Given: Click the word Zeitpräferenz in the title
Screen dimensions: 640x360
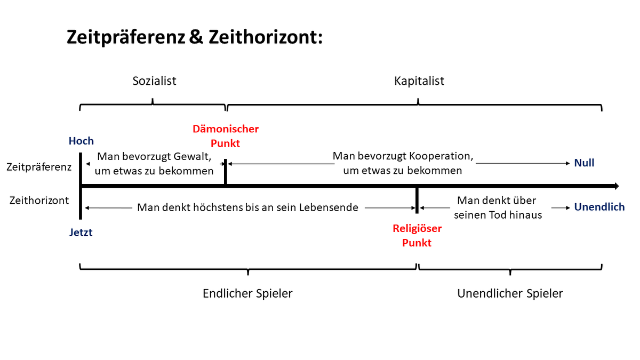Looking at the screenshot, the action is coord(126,37).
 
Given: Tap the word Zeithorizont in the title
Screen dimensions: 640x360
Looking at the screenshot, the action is coord(266,37).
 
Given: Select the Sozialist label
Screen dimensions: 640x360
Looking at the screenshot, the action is coord(154,81).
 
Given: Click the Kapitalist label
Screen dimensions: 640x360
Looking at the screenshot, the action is coord(419,81).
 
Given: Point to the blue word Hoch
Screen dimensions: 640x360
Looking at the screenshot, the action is coord(81,141).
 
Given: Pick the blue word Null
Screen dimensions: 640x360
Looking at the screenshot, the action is coord(585,163).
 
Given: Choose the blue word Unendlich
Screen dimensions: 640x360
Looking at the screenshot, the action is coord(599,207).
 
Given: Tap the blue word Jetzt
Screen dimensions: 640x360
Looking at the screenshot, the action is coord(81,233).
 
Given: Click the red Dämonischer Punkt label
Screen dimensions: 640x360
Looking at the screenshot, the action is coord(226,136).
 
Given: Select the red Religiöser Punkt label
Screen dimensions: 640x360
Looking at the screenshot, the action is coord(417,235).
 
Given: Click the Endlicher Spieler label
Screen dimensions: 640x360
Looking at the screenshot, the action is coord(247,293).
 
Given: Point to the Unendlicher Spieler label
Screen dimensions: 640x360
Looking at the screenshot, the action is coord(510,293).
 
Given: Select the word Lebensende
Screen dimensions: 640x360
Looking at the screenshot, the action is coord(329,207).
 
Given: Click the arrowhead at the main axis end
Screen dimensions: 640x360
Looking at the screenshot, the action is coord(617,186).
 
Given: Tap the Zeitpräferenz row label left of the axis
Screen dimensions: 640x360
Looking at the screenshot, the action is coord(39,167).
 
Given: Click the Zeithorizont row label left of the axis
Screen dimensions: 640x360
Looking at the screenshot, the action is coord(39,201).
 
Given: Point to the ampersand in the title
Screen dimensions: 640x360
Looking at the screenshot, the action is coord(196,37).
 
